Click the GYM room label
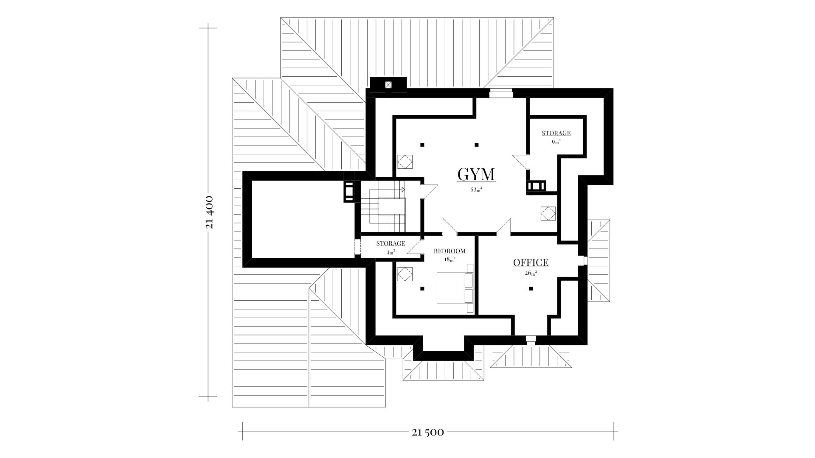pos(476,174)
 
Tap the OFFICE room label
pos(531,263)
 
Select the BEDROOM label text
pos(450,251)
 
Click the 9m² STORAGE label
pos(556,133)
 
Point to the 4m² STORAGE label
pos(391,243)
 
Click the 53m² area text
pos(476,190)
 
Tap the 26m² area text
pos(531,274)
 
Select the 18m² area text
pos(450,260)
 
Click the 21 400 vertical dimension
pos(209,212)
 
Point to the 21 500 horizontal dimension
pos(428,433)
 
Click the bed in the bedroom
pos(455,288)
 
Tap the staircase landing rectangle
pos(392,206)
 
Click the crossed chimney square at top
pos(388,84)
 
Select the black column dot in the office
pos(531,289)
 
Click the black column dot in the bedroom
pos(422,289)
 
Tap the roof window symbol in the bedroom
pos(405,274)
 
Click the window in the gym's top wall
pos(501,93)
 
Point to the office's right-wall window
pos(582,260)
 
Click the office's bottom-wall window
pos(531,340)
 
